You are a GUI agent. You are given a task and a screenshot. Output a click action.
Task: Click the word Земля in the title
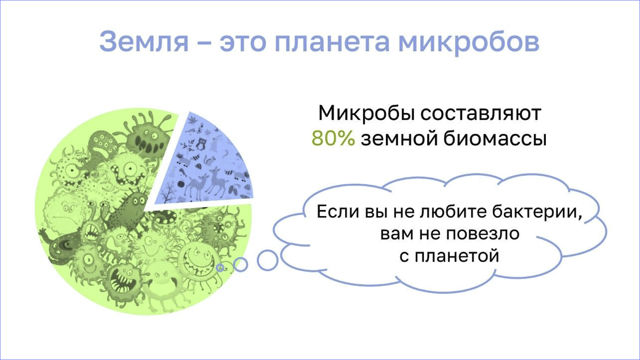(144, 42)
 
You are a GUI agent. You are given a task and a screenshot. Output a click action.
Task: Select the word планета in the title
(332, 42)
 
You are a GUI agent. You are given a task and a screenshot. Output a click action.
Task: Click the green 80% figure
(333, 138)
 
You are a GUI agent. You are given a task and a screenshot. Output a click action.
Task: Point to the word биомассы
(495, 138)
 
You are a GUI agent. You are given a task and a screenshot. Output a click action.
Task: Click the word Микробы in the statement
(367, 113)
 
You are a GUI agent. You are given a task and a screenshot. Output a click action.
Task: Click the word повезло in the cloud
(483, 234)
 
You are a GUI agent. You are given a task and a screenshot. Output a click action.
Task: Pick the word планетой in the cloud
(457, 256)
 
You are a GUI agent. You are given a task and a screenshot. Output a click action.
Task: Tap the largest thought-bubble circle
(267, 260)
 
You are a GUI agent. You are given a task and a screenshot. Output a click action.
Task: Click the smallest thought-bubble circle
(220, 268)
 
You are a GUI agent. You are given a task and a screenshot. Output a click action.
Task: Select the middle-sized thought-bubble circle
(240, 265)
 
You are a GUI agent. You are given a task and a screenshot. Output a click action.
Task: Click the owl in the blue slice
(202, 143)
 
